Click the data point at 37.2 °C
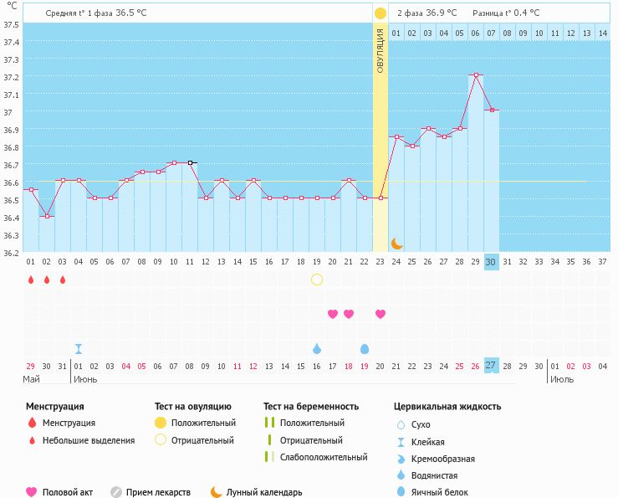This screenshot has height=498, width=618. [476, 74]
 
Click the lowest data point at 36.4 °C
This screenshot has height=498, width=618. [47, 216]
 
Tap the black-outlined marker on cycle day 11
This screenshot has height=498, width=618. [190, 162]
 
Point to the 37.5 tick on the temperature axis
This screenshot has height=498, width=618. [11, 24]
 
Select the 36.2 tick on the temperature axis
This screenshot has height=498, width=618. [11, 253]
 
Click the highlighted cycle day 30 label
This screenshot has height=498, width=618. [491, 262]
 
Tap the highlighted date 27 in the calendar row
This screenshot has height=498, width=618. [491, 365]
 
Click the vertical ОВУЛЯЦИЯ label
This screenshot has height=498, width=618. [380, 50]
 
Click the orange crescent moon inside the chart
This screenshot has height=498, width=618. [396, 244]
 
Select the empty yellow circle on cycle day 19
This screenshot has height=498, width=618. [317, 280]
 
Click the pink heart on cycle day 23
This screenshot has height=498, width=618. [381, 314]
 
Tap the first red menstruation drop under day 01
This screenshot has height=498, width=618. [31, 280]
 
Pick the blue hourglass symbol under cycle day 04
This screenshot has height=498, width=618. [79, 349]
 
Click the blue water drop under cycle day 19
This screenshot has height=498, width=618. [317, 348]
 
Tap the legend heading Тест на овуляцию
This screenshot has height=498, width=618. [192, 407]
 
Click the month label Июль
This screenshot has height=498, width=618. [562, 380]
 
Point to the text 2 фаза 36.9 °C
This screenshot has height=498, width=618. [426, 13]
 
